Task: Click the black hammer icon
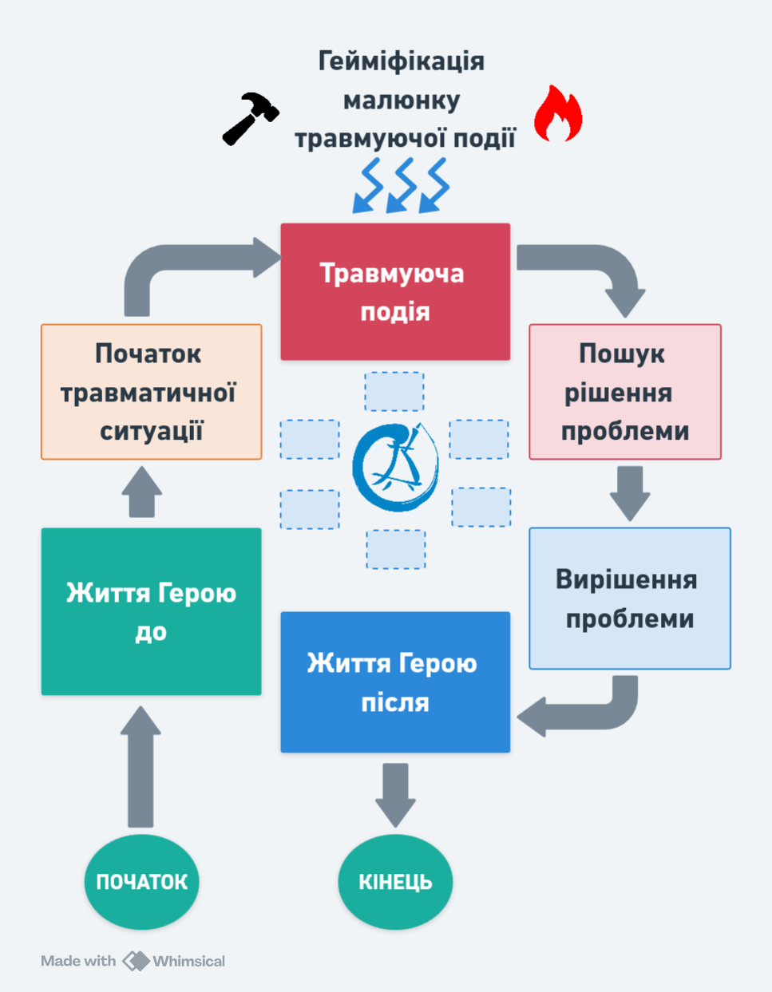[250, 118]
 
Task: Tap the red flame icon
[557, 115]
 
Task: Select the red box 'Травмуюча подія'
[395, 291]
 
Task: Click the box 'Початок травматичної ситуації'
[151, 392]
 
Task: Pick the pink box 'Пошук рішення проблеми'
[624, 392]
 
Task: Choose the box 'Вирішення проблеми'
[629, 599]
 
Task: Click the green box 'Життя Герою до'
[151, 611]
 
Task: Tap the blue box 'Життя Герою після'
[395, 682]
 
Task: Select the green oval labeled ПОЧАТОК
[141, 882]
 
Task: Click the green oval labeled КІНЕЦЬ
[395, 882]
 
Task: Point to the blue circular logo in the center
[396, 467]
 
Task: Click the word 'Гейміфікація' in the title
[401, 61]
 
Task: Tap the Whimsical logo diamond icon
[136, 961]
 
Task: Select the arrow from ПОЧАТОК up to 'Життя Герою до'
[141, 766]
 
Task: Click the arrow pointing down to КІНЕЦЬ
[395, 794]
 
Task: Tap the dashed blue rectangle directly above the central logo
[394, 391]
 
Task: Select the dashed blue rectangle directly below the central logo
[396, 549]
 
